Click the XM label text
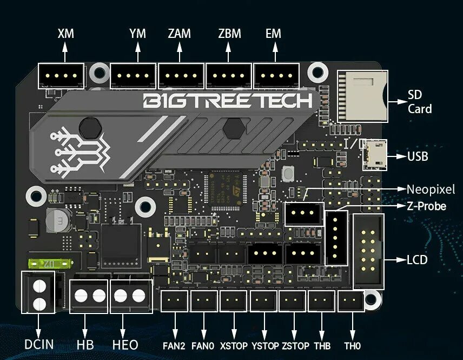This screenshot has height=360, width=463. [65, 34]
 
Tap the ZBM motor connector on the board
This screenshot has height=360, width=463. [229, 76]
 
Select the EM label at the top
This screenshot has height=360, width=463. [273, 34]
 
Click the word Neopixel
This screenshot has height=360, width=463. [431, 189]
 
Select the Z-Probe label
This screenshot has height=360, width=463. [426, 206]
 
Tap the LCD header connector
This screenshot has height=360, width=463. [368, 251]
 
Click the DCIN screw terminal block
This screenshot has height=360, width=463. [38, 292]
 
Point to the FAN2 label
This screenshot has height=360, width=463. [174, 345]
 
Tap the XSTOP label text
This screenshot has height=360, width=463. [234, 345]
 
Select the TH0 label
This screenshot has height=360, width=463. [352, 345]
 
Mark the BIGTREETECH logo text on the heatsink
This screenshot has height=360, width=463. [227, 101]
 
